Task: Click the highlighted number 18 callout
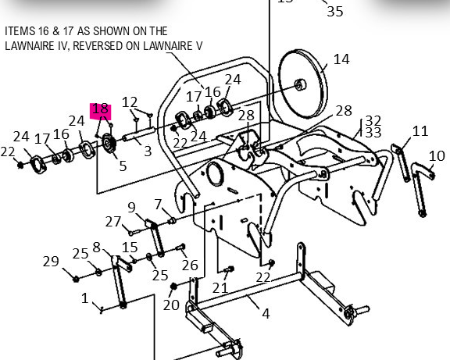[x=100, y=110]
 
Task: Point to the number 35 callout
[x=334, y=10]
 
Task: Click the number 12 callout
[x=130, y=102]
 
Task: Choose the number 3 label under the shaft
[x=147, y=150]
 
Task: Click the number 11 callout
[x=421, y=130]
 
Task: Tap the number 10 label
[x=437, y=156]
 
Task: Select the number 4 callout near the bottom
[x=266, y=314]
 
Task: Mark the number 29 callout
[x=51, y=261]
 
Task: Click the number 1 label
[x=84, y=298]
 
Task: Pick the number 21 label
[x=220, y=288]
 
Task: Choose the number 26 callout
[x=190, y=266]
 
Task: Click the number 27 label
[x=113, y=221]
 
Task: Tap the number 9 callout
[x=131, y=207]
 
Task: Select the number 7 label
[x=158, y=204]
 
